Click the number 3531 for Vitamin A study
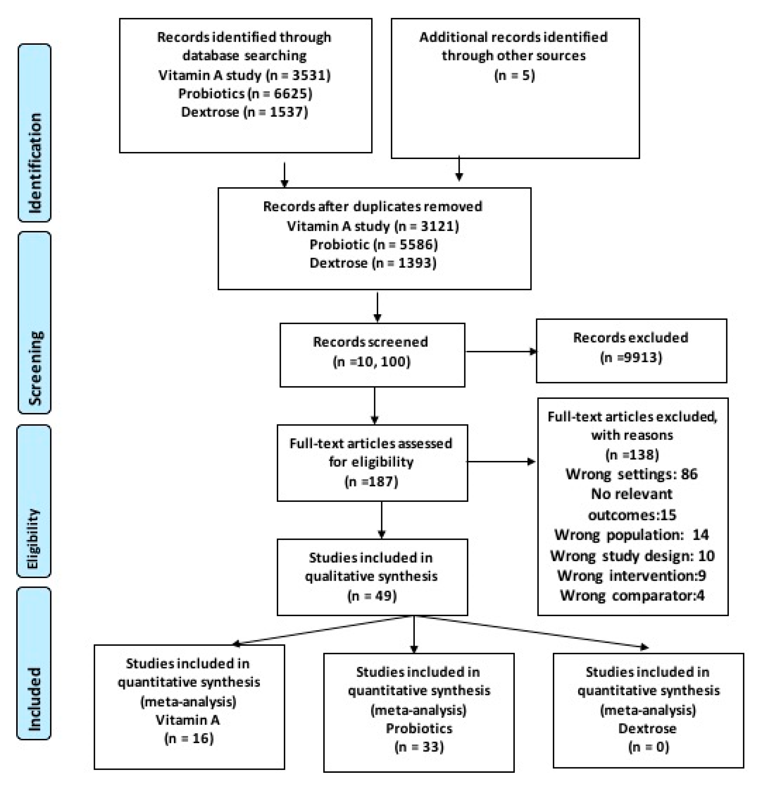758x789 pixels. pyautogui.click(x=306, y=75)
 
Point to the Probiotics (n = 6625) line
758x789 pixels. pyautogui.click(x=245, y=94)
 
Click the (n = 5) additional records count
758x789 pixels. pyautogui.click(x=515, y=75)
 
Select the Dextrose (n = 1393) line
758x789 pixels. pyautogui.click(x=373, y=263)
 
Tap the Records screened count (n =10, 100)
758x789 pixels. pyautogui.click(x=371, y=361)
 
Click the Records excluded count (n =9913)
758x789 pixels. pyautogui.click(x=631, y=358)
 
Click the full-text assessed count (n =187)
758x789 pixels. pyautogui.click(x=371, y=482)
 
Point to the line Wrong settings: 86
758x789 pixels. pyautogui.click(x=632, y=474)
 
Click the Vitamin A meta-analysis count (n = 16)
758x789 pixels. pyautogui.click(x=189, y=738)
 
